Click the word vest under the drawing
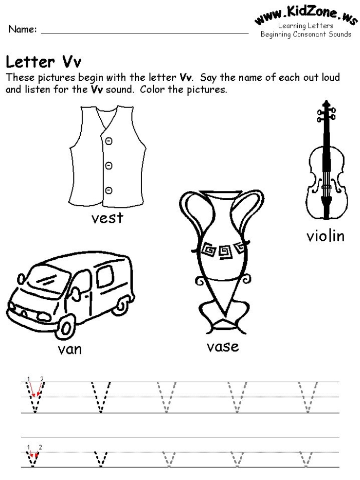107,218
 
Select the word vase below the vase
223,346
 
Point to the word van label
70,350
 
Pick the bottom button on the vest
109,190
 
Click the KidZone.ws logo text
305,13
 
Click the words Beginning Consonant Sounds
306,34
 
